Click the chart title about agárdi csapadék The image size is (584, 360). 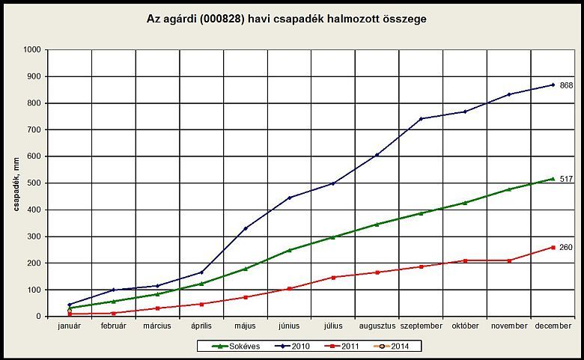(287, 18)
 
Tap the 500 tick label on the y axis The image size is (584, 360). (33, 183)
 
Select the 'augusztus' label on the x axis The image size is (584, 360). (377, 326)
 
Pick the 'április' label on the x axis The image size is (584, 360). (201, 326)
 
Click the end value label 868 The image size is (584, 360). (566, 85)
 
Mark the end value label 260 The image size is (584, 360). (566, 247)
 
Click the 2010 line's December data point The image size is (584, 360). (553, 85)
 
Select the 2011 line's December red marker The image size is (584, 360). (553, 247)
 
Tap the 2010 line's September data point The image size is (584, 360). (421, 118)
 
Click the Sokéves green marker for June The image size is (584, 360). (289, 250)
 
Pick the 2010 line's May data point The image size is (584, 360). (245, 228)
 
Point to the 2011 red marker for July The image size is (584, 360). (333, 277)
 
